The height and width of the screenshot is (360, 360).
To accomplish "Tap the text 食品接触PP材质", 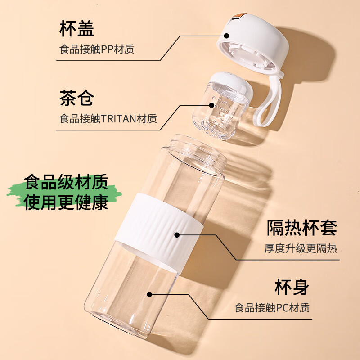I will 97,49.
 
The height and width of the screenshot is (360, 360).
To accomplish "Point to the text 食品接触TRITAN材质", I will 108,119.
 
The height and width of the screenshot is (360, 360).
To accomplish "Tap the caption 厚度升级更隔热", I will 301,248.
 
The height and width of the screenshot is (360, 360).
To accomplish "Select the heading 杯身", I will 292,287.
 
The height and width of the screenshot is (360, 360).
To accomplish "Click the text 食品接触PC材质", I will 272,308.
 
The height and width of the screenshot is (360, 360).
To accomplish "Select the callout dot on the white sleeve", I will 177,234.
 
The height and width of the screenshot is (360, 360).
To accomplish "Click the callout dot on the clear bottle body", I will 150,294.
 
